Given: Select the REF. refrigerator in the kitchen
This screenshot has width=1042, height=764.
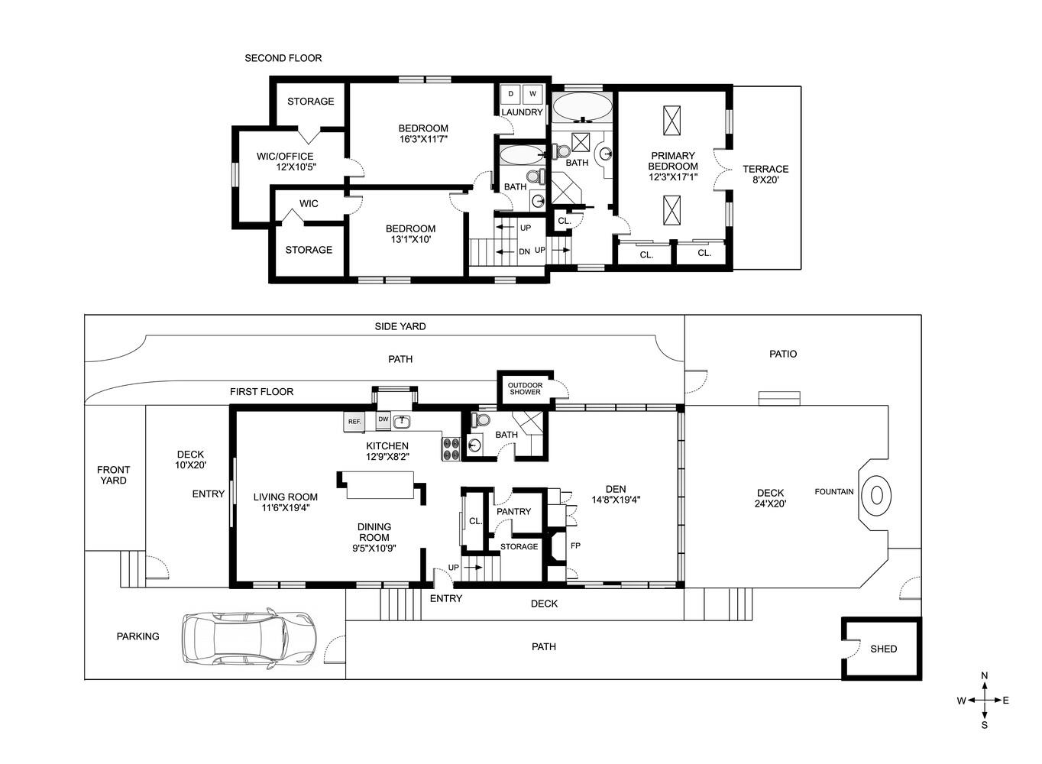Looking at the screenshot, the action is [x=354, y=422].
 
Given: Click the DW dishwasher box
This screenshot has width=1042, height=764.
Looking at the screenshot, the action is [x=383, y=419].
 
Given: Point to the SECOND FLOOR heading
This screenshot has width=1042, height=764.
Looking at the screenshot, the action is [x=283, y=58].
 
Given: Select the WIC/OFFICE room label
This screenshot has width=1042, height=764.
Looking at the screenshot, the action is [x=285, y=157].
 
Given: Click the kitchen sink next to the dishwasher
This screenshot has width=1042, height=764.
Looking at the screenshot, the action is [x=402, y=421].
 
